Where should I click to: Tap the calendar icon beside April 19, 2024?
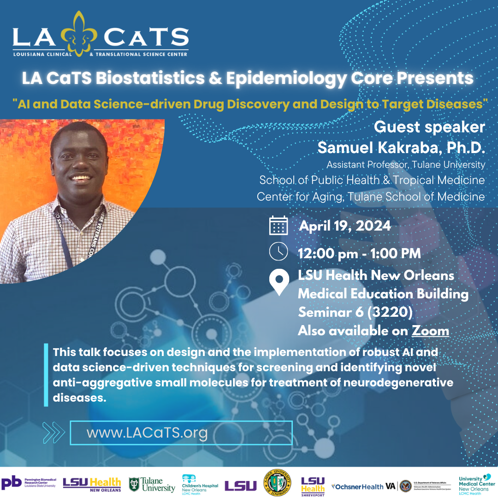[x=279, y=225]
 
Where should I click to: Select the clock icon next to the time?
[x=278, y=252]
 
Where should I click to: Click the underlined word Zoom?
[x=430, y=331]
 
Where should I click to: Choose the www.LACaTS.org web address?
[x=147, y=433]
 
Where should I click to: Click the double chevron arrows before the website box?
[x=53, y=433]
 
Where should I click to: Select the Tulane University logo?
[x=152, y=485]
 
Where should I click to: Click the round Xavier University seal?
[x=277, y=483]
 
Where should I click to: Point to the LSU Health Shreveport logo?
[x=313, y=486]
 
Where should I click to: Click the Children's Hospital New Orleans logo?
[x=200, y=484]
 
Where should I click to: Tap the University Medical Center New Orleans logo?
[x=476, y=484]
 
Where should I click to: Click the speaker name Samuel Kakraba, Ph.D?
[x=401, y=148]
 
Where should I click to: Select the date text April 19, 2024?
[x=345, y=226]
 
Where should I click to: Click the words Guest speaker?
[x=429, y=127]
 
